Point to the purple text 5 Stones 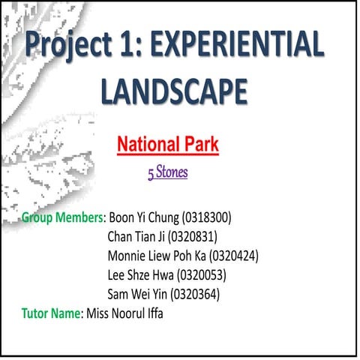(167, 173)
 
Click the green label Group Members (61, 218)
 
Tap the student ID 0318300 (206, 218)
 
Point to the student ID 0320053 (201, 274)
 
